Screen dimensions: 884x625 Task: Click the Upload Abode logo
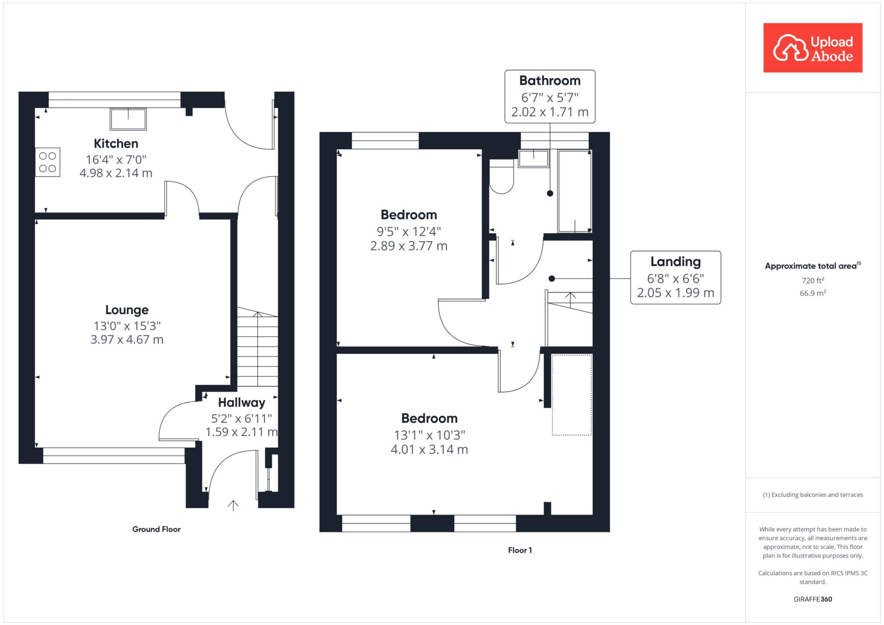pos(813,47)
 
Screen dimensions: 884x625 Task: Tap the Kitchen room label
pos(116,144)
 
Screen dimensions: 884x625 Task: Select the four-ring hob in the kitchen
pos(47,162)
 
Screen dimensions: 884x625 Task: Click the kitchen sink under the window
pos(128,119)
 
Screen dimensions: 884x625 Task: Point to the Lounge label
pos(127,310)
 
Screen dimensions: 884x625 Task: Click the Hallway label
pos(241,402)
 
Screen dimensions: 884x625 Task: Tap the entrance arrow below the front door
pos(233,506)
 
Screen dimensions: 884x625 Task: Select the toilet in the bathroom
pos(502,176)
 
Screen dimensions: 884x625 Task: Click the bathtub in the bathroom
pos(575,191)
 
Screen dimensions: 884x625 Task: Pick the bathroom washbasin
pos(534,158)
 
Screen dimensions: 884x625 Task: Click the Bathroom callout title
pos(550,81)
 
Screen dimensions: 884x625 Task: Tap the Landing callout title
pos(676,262)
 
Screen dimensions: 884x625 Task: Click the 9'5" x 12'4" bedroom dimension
pos(409,232)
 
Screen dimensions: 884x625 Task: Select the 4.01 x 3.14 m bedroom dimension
pos(429,449)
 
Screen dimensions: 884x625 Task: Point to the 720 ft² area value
pos(813,280)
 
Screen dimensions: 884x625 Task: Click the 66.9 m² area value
pos(813,293)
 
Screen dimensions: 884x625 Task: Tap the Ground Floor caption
pos(156,529)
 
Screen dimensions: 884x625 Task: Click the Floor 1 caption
pos(520,550)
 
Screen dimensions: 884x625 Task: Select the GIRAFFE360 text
pos(813,599)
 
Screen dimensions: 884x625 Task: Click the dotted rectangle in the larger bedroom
pos(572,395)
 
